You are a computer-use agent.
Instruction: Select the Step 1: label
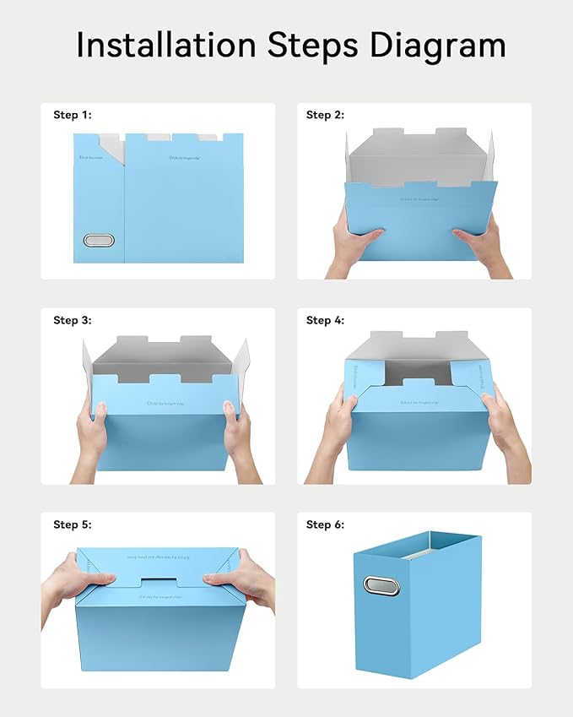click(72, 115)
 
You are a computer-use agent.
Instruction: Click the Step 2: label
click(325, 115)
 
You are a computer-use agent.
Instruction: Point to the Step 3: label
click(72, 320)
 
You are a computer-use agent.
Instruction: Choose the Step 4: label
click(325, 320)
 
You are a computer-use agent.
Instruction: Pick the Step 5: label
click(72, 524)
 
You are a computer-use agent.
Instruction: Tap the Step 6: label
click(325, 524)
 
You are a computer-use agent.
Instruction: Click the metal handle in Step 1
click(99, 241)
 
